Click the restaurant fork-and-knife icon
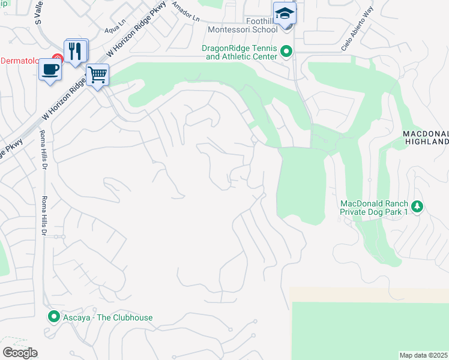[x=76, y=50]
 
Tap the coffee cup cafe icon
[x=49, y=69]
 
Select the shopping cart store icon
[x=97, y=75]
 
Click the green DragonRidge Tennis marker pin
[x=286, y=52]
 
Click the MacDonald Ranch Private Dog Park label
[x=374, y=208]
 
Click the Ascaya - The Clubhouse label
[x=108, y=317]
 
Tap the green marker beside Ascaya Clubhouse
[x=54, y=317]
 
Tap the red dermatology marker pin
[x=57, y=59]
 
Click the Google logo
[x=20, y=353]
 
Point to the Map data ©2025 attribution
[x=423, y=355]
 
